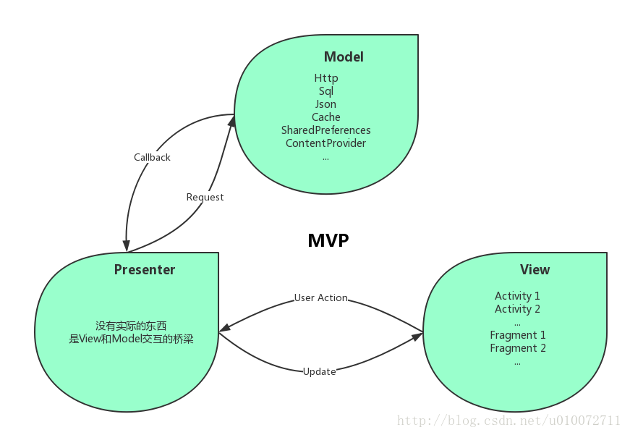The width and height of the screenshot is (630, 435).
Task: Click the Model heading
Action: pos(344,57)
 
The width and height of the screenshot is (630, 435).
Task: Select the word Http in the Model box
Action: pos(325,78)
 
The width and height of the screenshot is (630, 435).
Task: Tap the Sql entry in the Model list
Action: pos(325,91)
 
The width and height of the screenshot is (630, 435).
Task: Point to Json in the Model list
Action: pos(325,104)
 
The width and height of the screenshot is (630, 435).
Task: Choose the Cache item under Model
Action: pos(325,117)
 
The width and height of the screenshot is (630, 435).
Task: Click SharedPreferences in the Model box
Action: pos(325,130)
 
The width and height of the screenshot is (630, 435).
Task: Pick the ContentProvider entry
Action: pos(325,143)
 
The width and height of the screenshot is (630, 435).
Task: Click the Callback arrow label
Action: pos(152,157)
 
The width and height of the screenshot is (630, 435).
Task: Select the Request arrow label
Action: pos(205,197)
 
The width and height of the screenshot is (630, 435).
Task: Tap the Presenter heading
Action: pos(145,270)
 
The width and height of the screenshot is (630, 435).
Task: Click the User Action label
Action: pos(320,297)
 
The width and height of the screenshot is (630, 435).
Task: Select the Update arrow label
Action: pos(319,371)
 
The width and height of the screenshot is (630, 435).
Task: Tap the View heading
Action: pos(535,270)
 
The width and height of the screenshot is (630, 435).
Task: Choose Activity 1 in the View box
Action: pos(517,296)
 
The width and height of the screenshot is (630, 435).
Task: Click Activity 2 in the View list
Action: pos(517,309)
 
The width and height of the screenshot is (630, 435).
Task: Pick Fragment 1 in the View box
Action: pos(517,335)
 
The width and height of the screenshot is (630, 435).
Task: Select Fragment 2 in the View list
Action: pos(517,348)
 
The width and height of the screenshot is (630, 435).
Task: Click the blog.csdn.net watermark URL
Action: pos(509,421)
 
